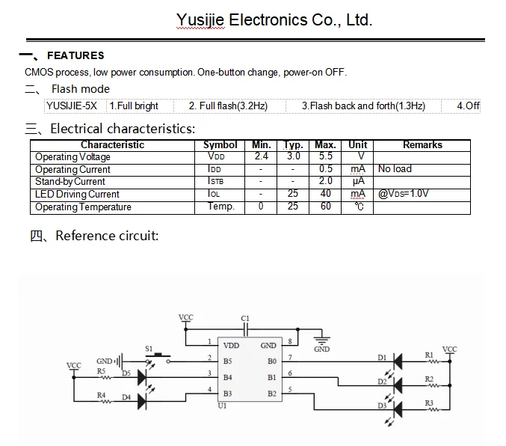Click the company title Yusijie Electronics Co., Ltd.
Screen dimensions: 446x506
click(274, 20)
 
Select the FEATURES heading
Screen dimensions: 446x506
click(75, 55)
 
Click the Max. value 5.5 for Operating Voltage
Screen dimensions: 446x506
click(324, 156)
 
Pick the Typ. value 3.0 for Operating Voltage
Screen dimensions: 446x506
click(293, 156)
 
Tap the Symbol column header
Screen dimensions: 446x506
click(220, 144)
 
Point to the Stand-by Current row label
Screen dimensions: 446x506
click(70, 181)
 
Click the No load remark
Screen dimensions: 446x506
click(395, 169)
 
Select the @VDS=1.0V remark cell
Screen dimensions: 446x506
click(404, 194)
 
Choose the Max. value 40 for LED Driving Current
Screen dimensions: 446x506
click(324, 194)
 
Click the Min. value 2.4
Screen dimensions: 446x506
click(261, 156)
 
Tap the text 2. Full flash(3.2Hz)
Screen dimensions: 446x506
click(228, 106)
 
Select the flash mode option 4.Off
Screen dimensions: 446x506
click(468, 106)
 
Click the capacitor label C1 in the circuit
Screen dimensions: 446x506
click(245, 319)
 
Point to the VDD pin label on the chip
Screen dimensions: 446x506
click(232, 346)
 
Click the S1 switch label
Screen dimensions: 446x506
click(148, 349)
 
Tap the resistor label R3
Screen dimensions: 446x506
click(429, 404)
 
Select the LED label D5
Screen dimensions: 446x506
click(126, 373)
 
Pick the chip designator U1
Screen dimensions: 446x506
click(221, 406)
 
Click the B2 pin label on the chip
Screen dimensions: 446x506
click(272, 394)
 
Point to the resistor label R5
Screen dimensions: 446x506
click(101, 371)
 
